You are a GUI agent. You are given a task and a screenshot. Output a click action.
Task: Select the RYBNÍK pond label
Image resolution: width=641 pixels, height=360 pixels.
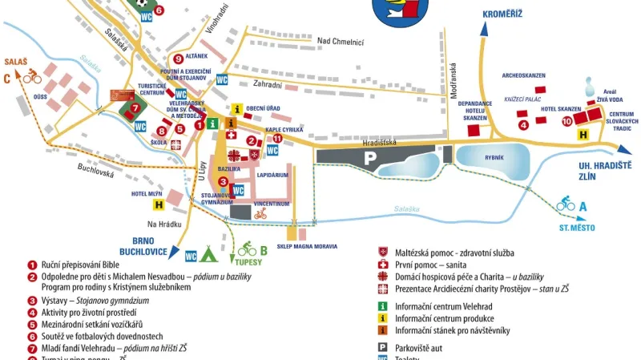pyautogui.click(x=494, y=157)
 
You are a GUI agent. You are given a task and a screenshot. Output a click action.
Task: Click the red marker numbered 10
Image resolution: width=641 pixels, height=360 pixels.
pyautogui.click(x=566, y=121)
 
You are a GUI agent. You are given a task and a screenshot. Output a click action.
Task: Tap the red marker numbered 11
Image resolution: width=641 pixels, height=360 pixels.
pyautogui.click(x=277, y=138)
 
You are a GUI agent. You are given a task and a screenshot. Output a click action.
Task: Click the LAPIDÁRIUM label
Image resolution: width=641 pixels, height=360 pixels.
pyautogui.click(x=273, y=174)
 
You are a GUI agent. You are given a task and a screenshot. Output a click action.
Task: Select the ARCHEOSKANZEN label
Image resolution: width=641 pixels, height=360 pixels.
pyautogui.click(x=523, y=75)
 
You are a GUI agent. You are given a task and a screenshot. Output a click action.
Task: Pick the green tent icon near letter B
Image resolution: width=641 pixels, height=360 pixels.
pyautogui.click(x=209, y=255)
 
